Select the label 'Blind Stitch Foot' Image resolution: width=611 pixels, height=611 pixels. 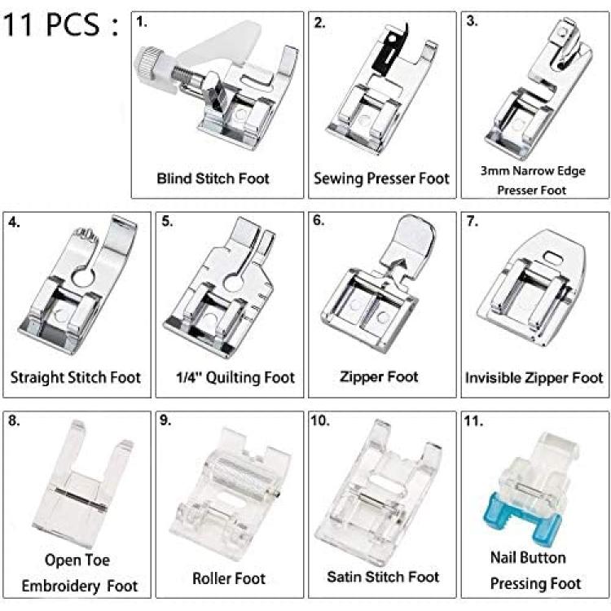[x=213, y=178]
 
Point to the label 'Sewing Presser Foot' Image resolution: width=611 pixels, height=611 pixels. [x=381, y=178]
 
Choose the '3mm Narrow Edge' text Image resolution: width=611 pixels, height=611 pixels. [x=533, y=171]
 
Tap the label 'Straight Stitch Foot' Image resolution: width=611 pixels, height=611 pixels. [x=75, y=377]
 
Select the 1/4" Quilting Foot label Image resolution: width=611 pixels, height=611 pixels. [x=235, y=377]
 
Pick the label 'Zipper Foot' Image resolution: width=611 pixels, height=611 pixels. [x=379, y=376]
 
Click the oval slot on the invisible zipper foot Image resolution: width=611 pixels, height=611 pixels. [x=552, y=257]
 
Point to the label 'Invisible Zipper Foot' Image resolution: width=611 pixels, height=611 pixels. [x=534, y=377]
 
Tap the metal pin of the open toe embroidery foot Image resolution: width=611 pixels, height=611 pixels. [x=81, y=499]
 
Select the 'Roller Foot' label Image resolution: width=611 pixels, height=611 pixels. [x=229, y=578]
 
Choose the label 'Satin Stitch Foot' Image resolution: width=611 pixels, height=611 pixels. [x=383, y=577]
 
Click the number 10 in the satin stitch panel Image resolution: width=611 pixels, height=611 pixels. [x=319, y=421]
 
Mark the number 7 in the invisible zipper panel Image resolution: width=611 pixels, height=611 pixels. [x=472, y=222]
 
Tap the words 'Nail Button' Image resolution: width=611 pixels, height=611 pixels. [x=528, y=557]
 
